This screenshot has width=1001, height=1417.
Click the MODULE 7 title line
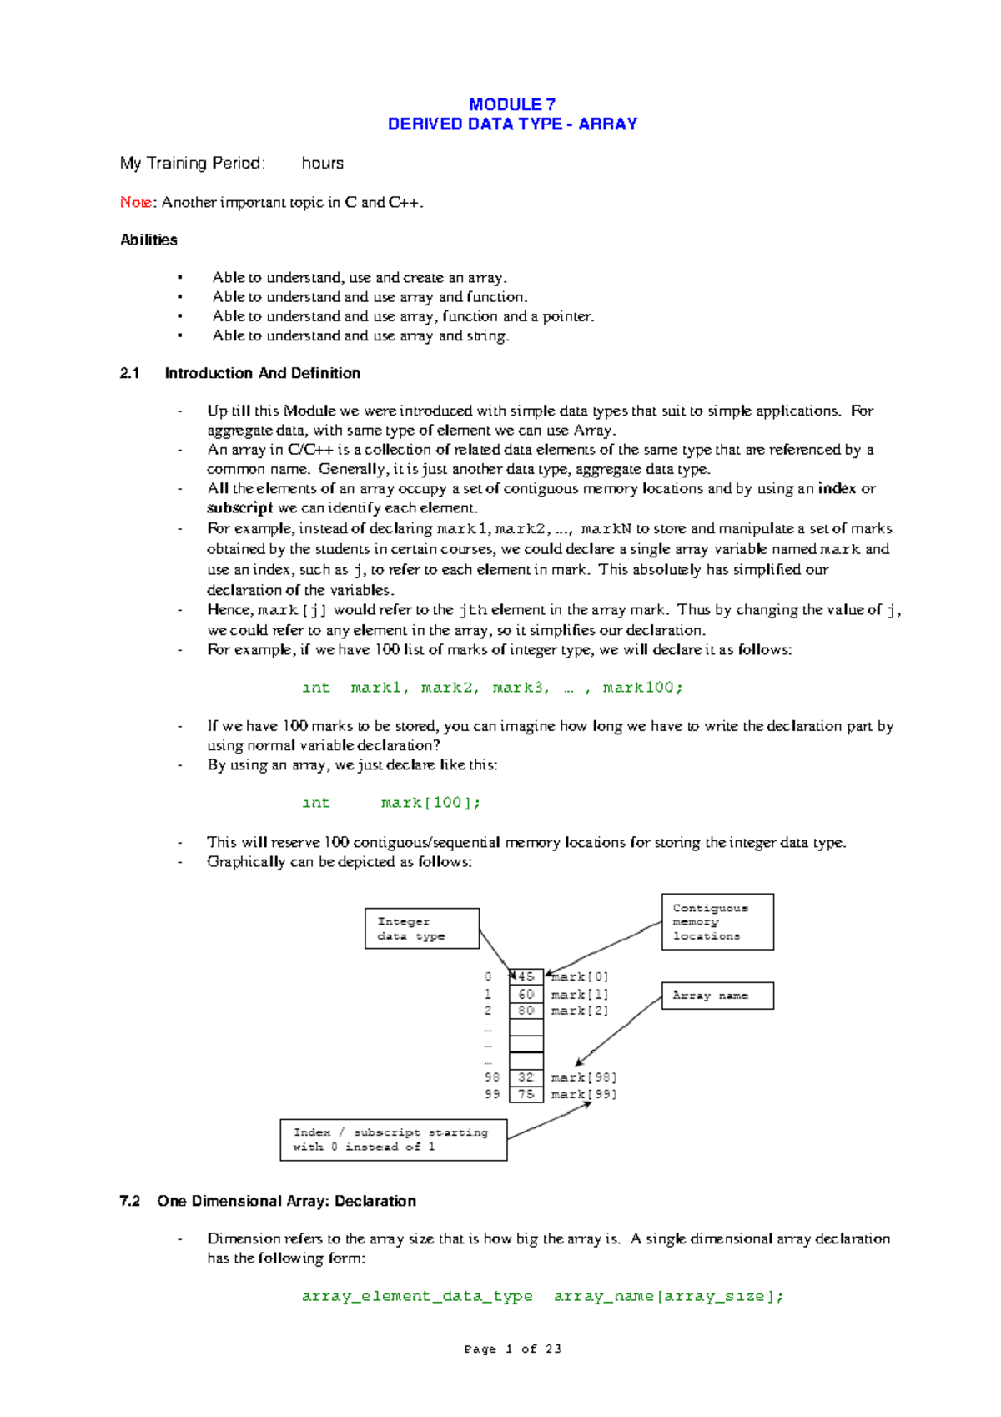click(511, 104)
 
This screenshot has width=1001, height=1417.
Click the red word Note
click(135, 202)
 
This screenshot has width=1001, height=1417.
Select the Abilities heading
click(148, 240)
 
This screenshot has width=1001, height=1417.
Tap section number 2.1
click(129, 373)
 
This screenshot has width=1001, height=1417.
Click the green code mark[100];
click(430, 803)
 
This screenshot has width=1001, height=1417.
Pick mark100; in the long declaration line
click(642, 688)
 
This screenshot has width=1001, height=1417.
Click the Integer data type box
click(422, 929)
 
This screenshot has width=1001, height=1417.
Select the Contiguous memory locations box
click(717, 922)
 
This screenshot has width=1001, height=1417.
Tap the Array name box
click(717, 996)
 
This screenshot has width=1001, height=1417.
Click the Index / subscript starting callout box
click(393, 1140)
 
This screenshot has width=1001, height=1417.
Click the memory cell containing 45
click(526, 976)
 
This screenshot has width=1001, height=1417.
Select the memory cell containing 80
click(526, 1011)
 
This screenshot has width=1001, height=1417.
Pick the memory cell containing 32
click(526, 1077)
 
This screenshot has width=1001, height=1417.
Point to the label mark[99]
click(584, 1094)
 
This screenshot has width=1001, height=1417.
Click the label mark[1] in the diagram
click(580, 995)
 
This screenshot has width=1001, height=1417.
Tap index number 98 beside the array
click(492, 1077)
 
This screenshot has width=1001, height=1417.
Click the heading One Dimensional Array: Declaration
click(286, 1201)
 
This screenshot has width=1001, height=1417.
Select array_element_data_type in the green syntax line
click(417, 1296)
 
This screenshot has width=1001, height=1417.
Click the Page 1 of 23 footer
click(512, 1349)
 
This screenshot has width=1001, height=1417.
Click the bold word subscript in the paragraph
click(239, 508)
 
